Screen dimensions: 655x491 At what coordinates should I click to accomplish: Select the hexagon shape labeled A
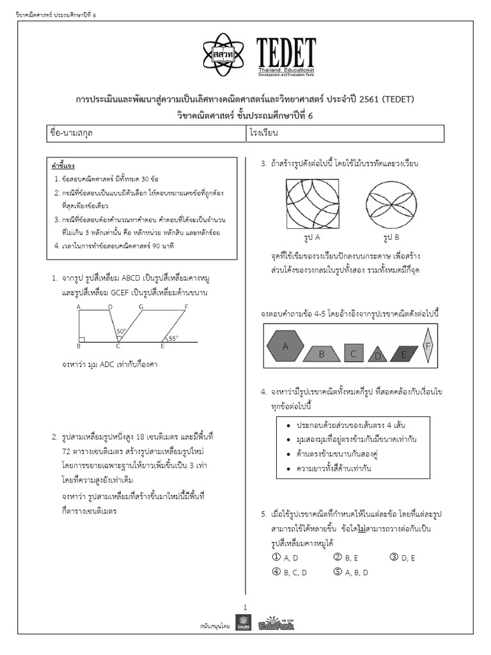coord(284,346)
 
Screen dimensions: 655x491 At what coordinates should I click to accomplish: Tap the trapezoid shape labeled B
coord(322,354)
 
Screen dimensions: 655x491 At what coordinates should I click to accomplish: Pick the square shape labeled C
coord(354,352)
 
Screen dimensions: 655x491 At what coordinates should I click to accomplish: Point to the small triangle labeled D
coord(378,356)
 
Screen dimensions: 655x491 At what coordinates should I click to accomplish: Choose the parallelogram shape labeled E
coord(403,354)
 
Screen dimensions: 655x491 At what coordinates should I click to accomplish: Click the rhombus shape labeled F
coord(428,346)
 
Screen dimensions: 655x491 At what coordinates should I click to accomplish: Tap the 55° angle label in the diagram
coord(173,338)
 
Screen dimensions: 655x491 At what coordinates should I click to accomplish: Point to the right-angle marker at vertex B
coord(81,340)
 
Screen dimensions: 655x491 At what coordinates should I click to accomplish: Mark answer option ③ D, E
coord(402,558)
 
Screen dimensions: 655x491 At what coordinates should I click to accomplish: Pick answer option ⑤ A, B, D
coord(350,572)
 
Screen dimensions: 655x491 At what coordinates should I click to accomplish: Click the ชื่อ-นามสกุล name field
coord(144,135)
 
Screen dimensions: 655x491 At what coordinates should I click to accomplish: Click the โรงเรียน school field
coord(345,135)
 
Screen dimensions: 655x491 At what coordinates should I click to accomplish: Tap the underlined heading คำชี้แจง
coord(63,166)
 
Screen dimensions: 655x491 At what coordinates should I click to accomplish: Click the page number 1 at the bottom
coord(245,606)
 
